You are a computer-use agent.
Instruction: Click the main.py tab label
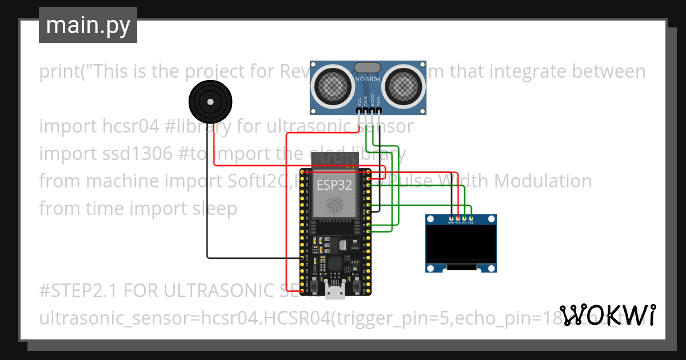tap(87, 25)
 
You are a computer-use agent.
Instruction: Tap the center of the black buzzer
tap(210, 102)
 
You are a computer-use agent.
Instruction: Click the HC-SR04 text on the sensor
tap(368, 79)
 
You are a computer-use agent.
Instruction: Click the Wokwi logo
tap(607, 315)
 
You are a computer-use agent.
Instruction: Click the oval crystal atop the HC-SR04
tap(368, 67)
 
